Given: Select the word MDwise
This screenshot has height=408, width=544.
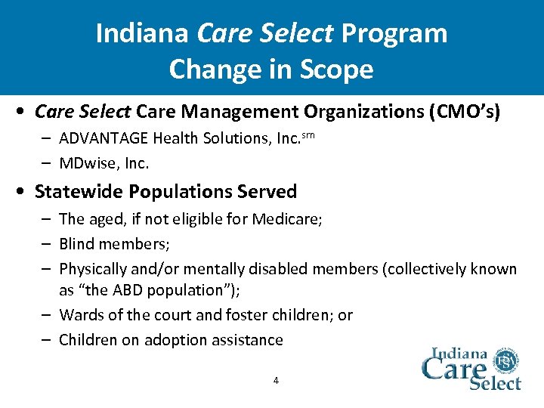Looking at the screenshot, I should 84,162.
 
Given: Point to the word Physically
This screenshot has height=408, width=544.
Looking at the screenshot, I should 94,269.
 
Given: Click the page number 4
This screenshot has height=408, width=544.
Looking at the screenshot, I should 275,380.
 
